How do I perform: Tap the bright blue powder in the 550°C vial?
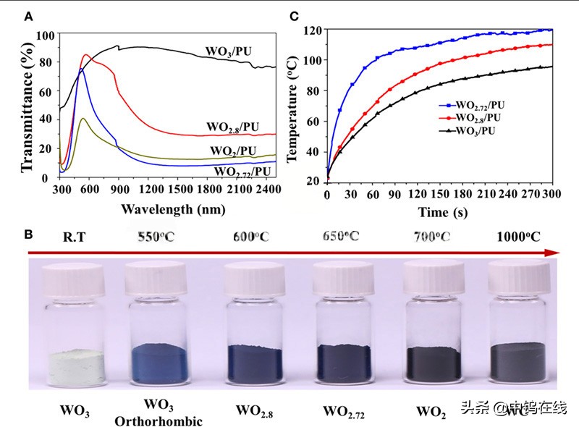coord(163,360)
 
